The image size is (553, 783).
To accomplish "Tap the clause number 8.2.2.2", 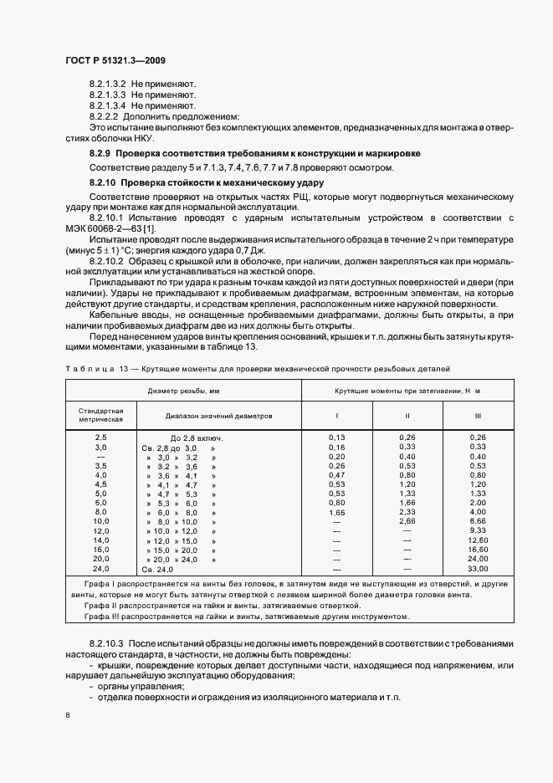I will coord(104,116).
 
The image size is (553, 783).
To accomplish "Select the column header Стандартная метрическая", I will coord(101,415).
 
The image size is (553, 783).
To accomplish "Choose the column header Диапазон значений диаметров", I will coord(219,415).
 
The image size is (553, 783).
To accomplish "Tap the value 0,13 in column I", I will coord(337,438).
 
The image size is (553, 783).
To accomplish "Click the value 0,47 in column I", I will coord(337,475).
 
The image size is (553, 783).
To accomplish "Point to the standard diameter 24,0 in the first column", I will coord(101,593).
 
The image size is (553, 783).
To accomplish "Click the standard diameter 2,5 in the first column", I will coord(101,438).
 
